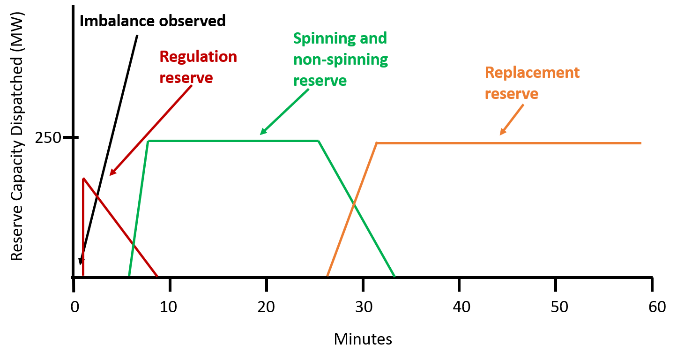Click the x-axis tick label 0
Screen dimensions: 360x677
click(x=74, y=307)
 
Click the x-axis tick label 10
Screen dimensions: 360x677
click(x=170, y=307)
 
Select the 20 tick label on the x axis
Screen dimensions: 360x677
click(x=266, y=307)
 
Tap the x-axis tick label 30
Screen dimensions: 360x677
click(x=363, y=307)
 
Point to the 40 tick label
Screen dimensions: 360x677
click(x=459, y=307)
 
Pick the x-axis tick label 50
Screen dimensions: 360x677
click(x=555, y=307)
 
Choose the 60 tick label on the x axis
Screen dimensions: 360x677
click(x=652, y=307)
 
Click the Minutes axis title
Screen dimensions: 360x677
click(x=363, y=338)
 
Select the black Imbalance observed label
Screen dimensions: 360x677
click(x=153, y=21)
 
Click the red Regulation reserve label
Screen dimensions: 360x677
click(x=198, y=67)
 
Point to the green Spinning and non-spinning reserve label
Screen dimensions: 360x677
click(x=341, y=59)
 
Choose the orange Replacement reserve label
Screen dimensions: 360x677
click(x=532, y=83)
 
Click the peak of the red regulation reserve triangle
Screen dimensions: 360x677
click(x=83, y=178)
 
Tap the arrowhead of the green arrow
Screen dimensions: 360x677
click(x=261, y=134)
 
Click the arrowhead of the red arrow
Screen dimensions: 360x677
click(x=111, y=175)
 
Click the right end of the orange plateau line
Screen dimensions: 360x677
click(x=640, y=143)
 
